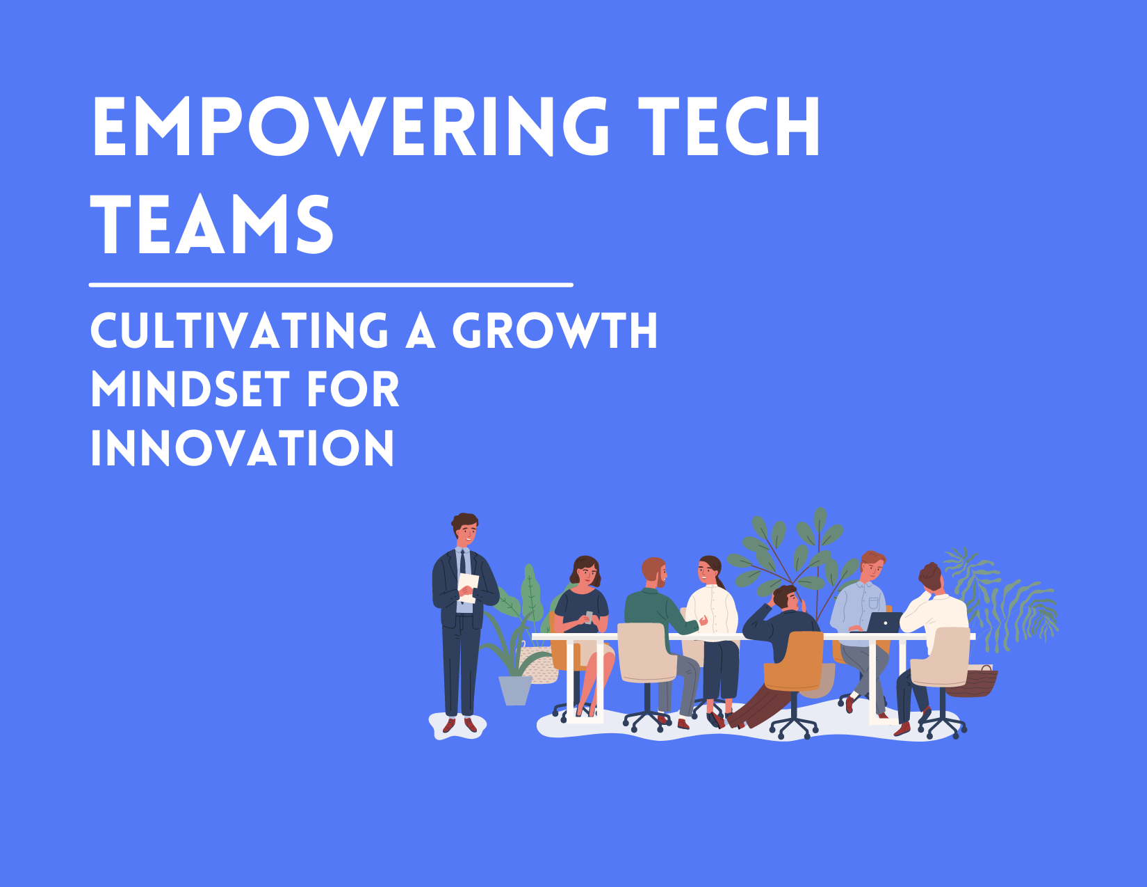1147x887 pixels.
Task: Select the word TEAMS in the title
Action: point(212,224)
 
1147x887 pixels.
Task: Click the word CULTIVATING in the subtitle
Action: point(239,330)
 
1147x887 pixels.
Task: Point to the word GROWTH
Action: point(555,330)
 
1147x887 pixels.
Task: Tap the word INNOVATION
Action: point(242,448)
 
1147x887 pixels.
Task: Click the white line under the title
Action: point(331,285)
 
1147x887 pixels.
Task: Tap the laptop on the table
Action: point(884,622)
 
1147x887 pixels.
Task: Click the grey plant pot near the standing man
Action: point(515,689)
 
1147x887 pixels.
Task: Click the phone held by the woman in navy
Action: point(589,616)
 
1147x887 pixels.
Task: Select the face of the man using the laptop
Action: point(871,568)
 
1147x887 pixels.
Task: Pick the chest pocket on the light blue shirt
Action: point(873,602)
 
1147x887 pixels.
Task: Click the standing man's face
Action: point(466,533)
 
